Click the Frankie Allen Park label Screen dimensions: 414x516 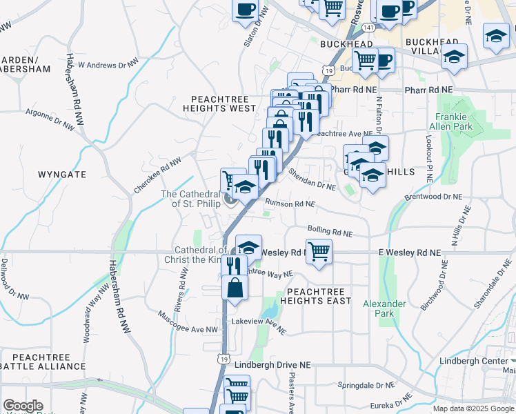(x=454, y=121)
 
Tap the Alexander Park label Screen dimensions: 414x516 (x=380, y=308)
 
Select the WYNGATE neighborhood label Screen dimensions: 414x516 (x=62, y=174)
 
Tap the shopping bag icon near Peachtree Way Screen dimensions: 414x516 (x=235, y=288)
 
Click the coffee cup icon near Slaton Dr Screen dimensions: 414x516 (x=246, y=10)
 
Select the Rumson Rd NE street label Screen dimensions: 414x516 (x=289, y=204)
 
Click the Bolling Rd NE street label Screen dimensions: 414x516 (x=330, y=230)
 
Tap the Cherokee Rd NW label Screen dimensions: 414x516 (x=157, y=175)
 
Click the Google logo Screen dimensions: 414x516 (x=23, y=406)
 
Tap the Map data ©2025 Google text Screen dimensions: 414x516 (x=473, y=408)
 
